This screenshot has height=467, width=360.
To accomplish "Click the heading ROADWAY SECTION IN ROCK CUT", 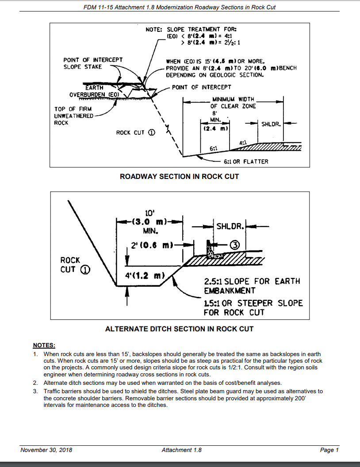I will pyautogui.click(x=179, y=176).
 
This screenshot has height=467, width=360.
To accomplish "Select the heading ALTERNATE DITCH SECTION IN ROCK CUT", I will pyautogui.click(x=179, y=329).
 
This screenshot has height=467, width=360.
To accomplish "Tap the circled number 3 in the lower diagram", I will pyautogui.click(x=235, y=244).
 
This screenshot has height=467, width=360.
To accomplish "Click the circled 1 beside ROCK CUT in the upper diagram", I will pyautogui.click(x=151, y=133).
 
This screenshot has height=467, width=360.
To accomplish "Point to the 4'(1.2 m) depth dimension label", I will pyautogui.click(x=144, y=276).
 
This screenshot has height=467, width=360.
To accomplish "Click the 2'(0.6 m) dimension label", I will pyautogui.click(x=152, y=244).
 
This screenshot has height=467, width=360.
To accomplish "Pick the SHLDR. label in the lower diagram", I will pyautogui.click(x=230, y=226).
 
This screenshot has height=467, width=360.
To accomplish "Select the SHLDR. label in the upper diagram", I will pyautogui.click(x=271, y=124).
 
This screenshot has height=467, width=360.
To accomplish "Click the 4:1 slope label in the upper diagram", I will pyautogui.click(x=243, y=143).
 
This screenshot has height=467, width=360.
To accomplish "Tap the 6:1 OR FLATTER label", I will pyautogui.click(x=246, y=161).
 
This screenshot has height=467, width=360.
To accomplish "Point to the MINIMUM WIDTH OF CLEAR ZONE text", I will pyautogui.click(x=233, y=103).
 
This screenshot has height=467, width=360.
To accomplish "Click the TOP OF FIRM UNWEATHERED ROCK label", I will pyautogui.click(x=74, y=116).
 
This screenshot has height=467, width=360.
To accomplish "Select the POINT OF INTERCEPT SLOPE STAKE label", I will pyautogui.click(x=93, y=63).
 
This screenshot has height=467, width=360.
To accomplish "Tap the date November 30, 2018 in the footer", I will pyautogui.click(x=46, y=450).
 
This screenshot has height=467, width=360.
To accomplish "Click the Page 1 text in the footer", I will pyautogui.click(x=329, y=450).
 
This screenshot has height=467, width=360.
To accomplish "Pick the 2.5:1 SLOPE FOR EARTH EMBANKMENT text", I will pyautogui.click(x=252, y=286).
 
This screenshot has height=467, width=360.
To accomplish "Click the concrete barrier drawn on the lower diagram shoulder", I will pyautogui.click(x=211, y=249).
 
